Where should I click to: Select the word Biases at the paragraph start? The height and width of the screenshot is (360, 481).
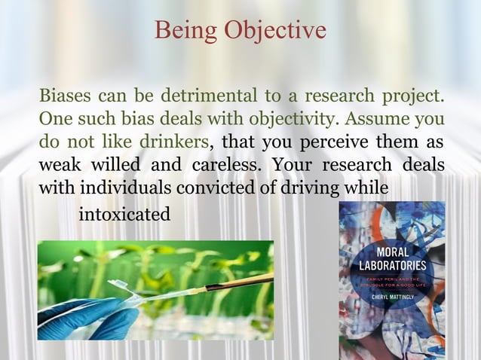coord(64,97)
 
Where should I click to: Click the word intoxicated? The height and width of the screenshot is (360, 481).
coord(124,215)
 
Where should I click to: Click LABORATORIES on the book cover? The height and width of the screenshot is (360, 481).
coord(391,265)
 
